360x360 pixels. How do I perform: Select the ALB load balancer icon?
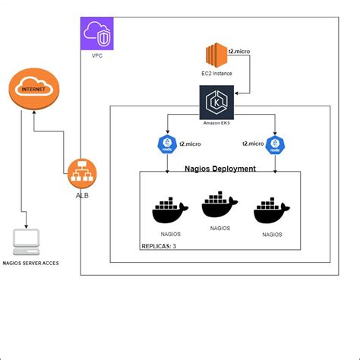(81, 174)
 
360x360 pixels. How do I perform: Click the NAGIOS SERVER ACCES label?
(30, 264)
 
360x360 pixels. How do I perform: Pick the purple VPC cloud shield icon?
(96, 34)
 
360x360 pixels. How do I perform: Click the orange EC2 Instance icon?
(215, 57)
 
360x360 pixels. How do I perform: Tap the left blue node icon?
(167, 144)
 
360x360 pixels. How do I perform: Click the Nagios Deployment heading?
(220, 169)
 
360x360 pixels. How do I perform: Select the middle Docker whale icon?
(219, 206)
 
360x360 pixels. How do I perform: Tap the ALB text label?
(81, 197)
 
